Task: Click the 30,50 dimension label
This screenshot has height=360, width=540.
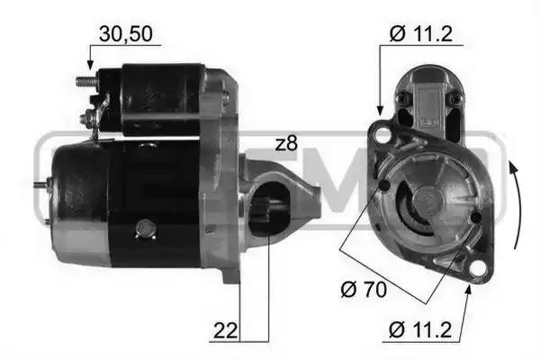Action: pos(125,34)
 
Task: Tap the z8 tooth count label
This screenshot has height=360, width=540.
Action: pos(286,144)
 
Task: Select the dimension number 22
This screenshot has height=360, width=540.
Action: pos(226,330)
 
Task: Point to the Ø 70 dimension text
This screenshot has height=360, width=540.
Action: pos(364,290)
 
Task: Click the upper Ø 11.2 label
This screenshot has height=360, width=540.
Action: pos(421,34)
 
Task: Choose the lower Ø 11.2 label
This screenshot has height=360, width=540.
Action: pos(420,329)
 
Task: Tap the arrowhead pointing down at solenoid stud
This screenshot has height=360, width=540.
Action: pos(90,65)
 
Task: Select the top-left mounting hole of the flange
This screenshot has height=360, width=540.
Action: pos(382,134)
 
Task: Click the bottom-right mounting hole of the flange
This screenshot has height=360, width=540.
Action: pos(478,268)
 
